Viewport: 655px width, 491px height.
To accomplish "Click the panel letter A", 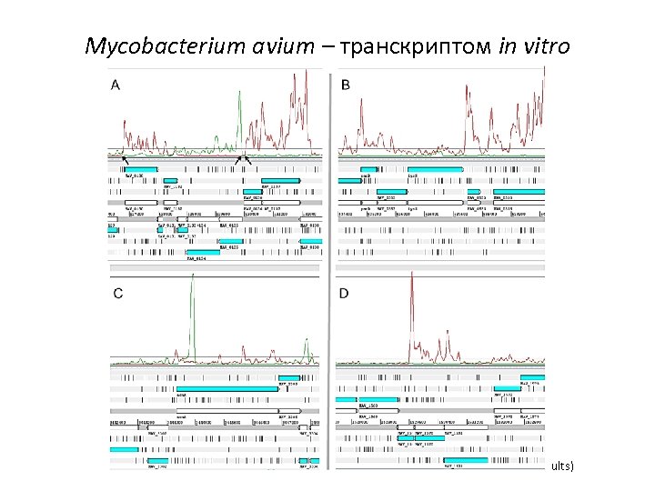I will point(116,85).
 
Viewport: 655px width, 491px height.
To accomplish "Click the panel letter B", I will point(345,85).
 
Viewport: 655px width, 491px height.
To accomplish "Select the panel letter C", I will point(116,293).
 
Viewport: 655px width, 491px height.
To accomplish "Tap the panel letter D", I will point(344,293).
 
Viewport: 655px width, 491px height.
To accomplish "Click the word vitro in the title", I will point(545,45).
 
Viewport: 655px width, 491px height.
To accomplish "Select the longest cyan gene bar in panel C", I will point(227,388).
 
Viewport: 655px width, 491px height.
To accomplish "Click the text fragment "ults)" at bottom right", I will point(561,466).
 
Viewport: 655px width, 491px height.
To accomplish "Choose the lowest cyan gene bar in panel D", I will point(465,460).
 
